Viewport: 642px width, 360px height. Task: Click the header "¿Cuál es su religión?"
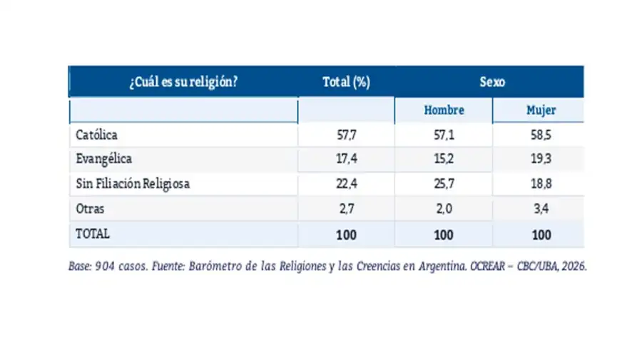coord(183,82)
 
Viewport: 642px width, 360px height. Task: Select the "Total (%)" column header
coord(347,82)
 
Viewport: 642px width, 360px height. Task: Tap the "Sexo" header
coord(492,82)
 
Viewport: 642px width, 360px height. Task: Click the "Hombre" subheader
coord(444,110)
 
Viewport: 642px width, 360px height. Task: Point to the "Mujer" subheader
coord(541,110)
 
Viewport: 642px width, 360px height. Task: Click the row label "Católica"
coord(96,135)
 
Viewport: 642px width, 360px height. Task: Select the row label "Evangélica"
coord(104,159)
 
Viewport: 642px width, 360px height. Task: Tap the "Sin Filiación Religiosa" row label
coord(133,184)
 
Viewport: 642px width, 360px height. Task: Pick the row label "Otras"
coord(90,209)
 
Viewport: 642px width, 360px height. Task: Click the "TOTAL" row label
coord(93,234)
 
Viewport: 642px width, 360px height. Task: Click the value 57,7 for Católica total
coord(347,135)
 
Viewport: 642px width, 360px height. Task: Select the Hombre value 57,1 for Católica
coord(444,135)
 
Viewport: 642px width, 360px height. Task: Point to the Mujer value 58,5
coord(541,135)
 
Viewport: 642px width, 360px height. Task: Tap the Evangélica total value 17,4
coord(347,159)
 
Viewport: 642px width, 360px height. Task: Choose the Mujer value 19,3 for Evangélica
coord(541,159)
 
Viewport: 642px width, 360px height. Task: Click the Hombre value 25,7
coord(444,184)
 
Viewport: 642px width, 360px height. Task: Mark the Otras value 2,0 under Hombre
coord(444,209)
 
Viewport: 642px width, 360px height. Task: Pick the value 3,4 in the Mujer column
coord(541,209)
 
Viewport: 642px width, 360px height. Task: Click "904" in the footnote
coord(105,267)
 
